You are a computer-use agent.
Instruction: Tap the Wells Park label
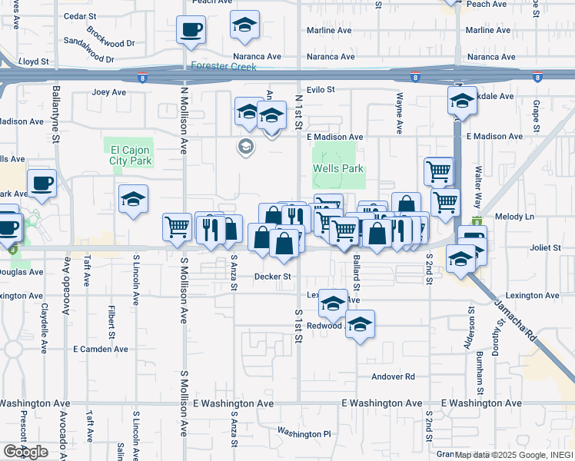(x=337, y=168)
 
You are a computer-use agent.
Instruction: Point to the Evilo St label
(x=321, y=90)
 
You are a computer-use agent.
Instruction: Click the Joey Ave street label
(x=108, y=92)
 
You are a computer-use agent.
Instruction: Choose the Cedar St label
(x=78, y=15)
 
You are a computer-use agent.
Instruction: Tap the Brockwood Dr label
(x=111, y=36)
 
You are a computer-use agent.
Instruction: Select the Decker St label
(x=274, y=277)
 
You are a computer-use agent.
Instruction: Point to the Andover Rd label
(x=393, y=376)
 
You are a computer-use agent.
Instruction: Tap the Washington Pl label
(x=304, y=433)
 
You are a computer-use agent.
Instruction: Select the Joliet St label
(x=547, y=247)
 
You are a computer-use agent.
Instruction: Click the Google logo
(x=25, y=452)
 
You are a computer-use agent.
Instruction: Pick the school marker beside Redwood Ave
(x=359, y=324)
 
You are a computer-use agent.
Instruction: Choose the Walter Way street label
(x=478, y=190)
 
